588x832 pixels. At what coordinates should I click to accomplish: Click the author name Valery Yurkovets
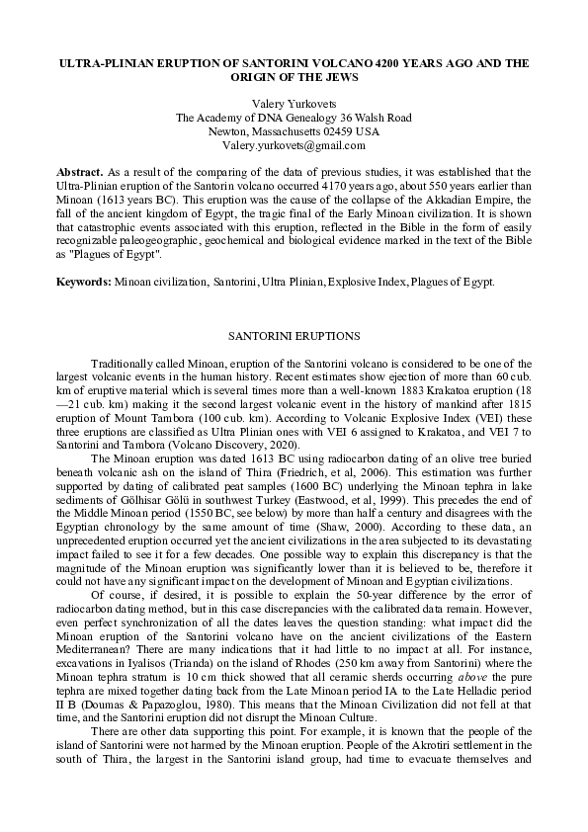coord(294,103)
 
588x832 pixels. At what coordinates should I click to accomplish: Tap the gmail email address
coord(294,144)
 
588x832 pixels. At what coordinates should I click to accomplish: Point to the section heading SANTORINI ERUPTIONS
coord(294,336)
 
